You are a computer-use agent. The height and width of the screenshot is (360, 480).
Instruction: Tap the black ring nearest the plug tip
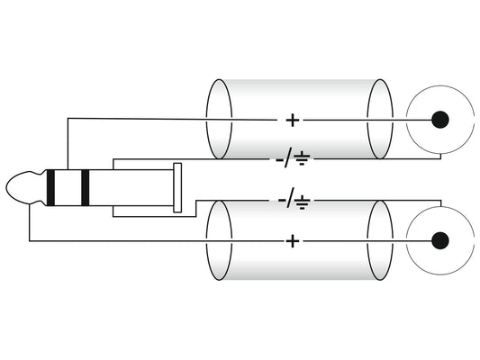[x=50, y=187]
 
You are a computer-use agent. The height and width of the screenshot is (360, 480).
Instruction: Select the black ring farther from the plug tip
[x=85, y=187]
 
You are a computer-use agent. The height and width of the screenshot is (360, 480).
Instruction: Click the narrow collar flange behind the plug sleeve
[x=177, y=187]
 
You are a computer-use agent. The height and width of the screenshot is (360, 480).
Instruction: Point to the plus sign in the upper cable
[x=293, y=121]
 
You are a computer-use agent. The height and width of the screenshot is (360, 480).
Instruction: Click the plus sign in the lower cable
[x=293, y=241]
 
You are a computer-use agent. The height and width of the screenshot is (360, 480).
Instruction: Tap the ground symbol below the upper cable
[x=303, y=158]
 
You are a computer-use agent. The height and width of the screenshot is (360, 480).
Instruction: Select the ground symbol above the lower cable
[x=303, y=202]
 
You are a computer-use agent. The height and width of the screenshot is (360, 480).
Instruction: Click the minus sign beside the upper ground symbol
[x=280, y=159]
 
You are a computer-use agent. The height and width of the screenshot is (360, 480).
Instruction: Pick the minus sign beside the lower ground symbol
[x=282, y=201]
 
